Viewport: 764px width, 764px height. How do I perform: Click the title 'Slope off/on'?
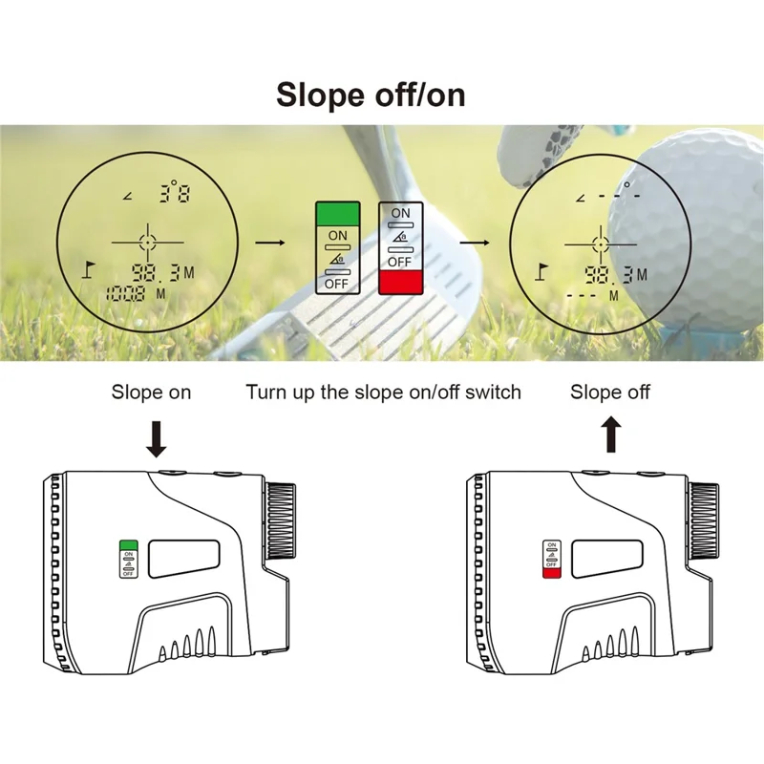371,95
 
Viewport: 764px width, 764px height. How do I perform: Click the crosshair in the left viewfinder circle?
146,239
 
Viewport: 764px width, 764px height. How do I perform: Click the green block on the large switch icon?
338,213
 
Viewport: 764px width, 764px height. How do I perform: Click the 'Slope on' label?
151,393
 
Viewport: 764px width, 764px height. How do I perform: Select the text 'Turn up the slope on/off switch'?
383,393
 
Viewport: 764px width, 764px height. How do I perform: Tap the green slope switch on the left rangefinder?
128,545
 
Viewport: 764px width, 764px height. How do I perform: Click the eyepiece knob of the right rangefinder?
704,515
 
